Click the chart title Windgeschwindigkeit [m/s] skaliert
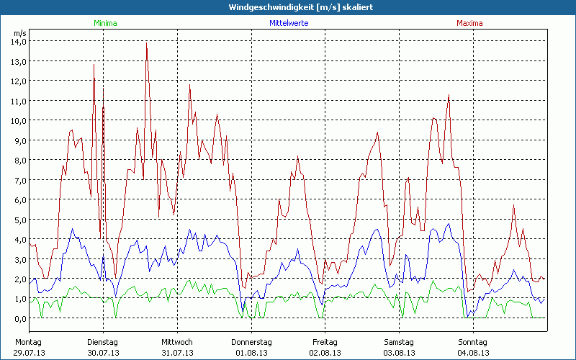pos(287,7)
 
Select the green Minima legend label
pos(104,23)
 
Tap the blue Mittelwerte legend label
pos(289,23)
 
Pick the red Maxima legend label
pos(470,23)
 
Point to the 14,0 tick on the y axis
pos(19,42)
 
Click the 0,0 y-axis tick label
pos(19,318)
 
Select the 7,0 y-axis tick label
pos(19,180)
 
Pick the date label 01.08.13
pos(251,353)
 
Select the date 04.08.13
pos(472,353)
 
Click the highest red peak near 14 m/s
pos(147,43)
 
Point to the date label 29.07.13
pos(29,353)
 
